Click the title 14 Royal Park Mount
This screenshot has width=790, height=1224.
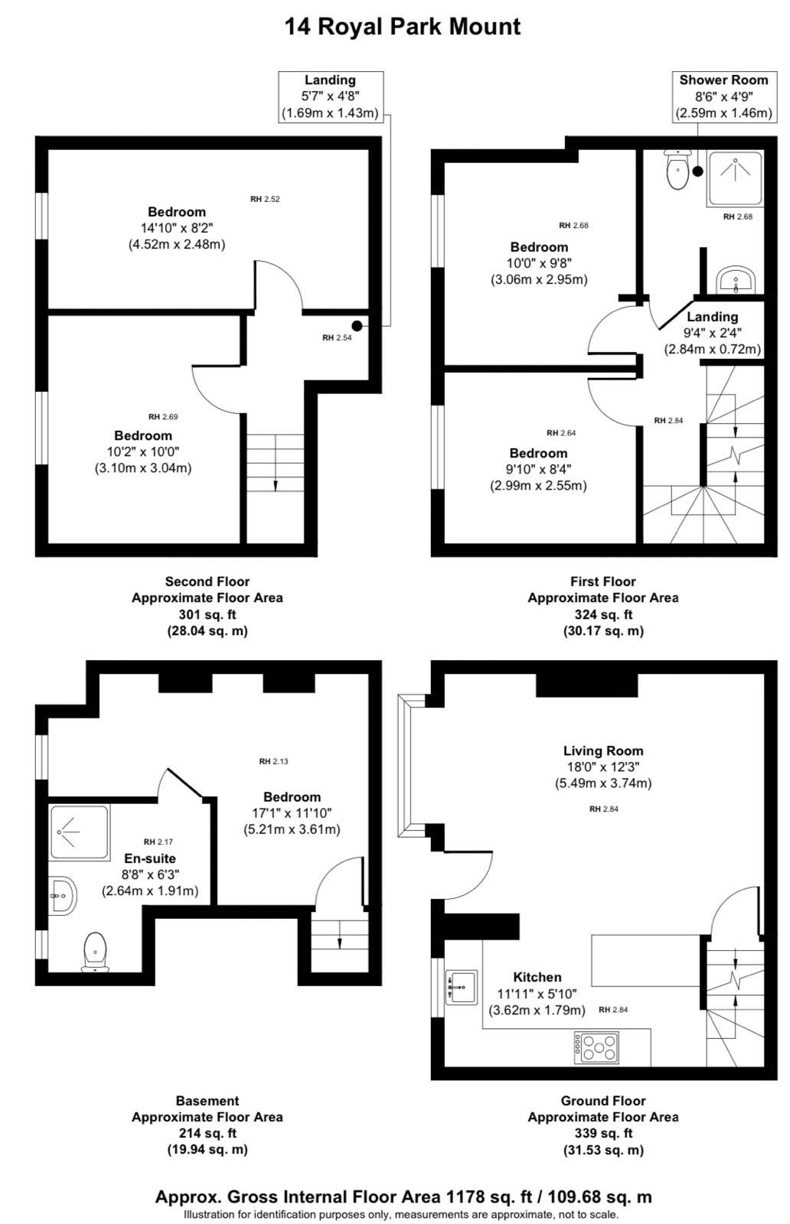click(403, 26)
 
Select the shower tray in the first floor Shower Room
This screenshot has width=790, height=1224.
click(735, 179)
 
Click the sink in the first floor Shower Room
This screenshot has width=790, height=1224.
click(736, 279)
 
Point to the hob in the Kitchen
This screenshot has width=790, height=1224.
click(596, 1047)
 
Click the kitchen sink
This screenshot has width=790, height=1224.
click(462, 987)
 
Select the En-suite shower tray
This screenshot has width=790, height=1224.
click(80, 832)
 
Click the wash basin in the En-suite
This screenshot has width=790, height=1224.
click(62, 896)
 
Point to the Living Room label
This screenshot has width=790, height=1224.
click(603, 750)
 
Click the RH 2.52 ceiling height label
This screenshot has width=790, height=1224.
click(265, 200)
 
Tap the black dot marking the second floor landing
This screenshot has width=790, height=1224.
click(357, 326)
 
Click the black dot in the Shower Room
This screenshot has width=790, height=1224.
click(697, 171)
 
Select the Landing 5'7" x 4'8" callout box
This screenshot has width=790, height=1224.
click(331, 96)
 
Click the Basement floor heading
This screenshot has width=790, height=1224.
click(207, 1101)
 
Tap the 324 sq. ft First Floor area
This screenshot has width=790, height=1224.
click(603, 614)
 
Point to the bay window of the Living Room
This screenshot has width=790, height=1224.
click(411, 766)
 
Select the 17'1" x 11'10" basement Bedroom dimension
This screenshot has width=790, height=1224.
click(292, 813)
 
